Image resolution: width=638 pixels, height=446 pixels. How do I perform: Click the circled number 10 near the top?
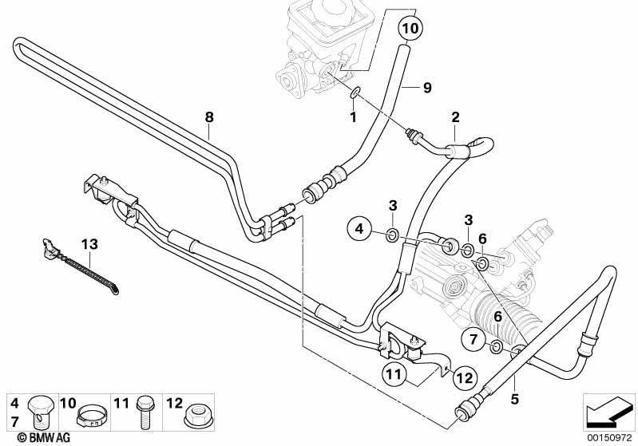(x=408, y=28)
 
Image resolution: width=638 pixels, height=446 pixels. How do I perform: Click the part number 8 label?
(x=209, y=117)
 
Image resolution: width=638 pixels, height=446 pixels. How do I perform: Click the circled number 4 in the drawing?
(x=359, y=230)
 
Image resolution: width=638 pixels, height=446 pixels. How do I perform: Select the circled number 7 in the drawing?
(x=472, y=341)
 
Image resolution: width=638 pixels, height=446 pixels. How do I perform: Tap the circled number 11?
(x=393, y=373)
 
